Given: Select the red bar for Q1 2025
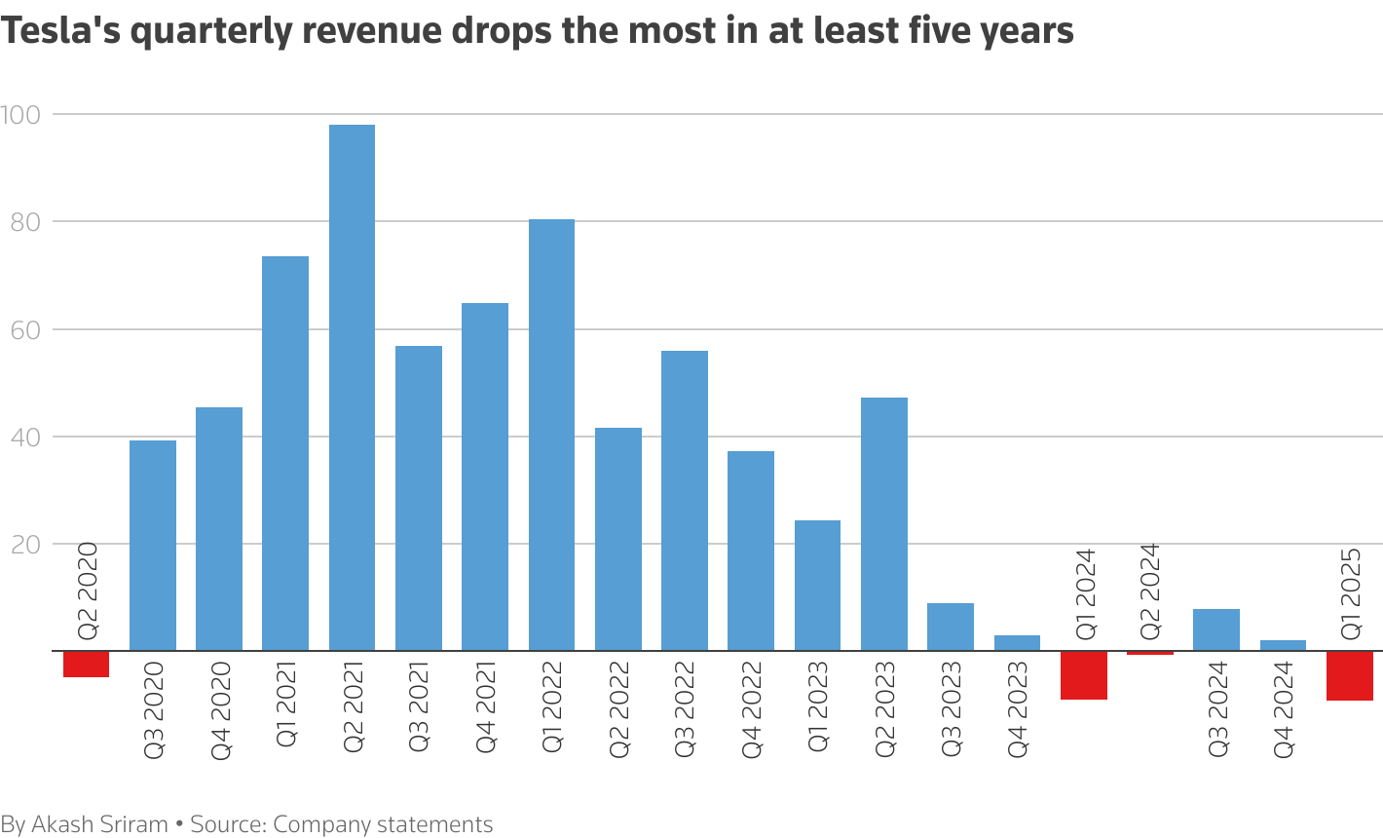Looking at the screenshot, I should click(x=1349, y=676).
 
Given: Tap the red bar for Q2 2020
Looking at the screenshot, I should click(x=86, y=665).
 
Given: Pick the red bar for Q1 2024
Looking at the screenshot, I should click(x=1083, y=675).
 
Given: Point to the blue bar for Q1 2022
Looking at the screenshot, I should click(x=551, y=435).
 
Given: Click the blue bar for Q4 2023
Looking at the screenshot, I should click(x=1017, y=643).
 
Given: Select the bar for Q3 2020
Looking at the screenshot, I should click(x=153, y=546).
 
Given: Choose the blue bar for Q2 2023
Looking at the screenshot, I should click(x=883, y=524).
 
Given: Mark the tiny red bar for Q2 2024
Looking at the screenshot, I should click(x=1149, y=653).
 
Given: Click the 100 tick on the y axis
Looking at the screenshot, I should click(x=20, y=115).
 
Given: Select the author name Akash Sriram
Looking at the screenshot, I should click(x=99, y=824).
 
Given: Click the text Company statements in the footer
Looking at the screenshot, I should click(x=383, y=824).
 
